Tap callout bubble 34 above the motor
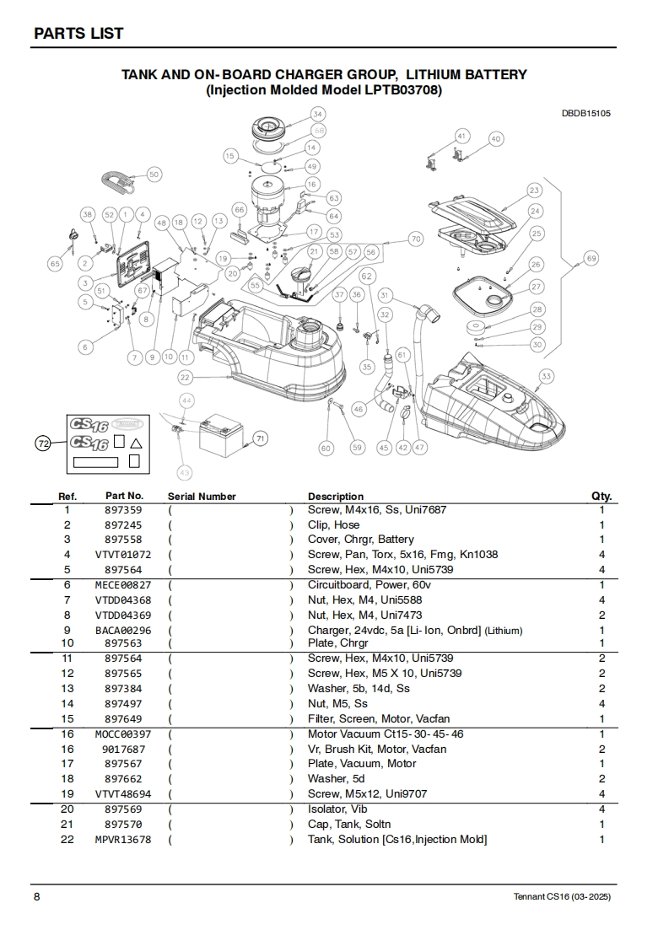pos(317,114)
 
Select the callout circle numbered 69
pos(591,258)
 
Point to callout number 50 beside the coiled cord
pos(154,175)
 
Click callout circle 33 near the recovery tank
pos(547,376)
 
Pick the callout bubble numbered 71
pos(261,438)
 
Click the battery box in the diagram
pos(220,436)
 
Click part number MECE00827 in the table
pos(123,585)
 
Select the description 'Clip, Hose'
pos(333,524)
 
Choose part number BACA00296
pos(123,631)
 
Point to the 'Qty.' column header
pos(602,497)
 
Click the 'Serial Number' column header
pos(202,497)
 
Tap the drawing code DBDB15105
pos(586,113)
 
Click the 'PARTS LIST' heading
pos(78,33)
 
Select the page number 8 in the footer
pos(36,896)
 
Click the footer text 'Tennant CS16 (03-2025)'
pos(562,896)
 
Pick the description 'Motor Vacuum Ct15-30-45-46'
pos(386,734)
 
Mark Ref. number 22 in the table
pos(67,840)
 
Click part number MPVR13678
pos(123,840)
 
